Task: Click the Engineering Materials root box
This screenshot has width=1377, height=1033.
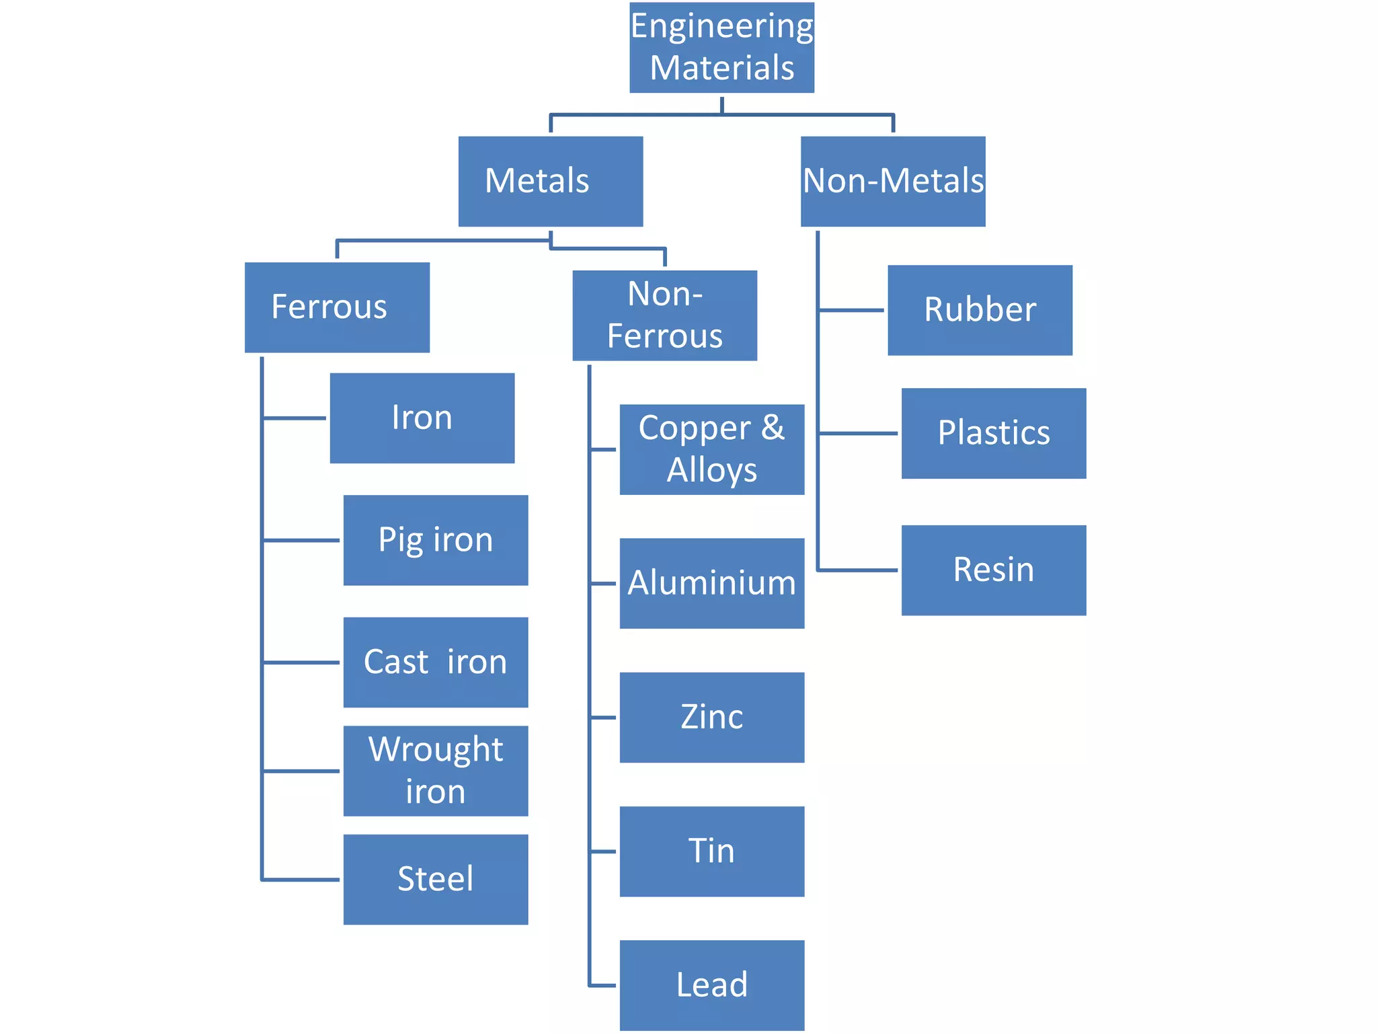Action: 721,47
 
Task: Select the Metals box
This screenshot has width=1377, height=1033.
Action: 550,181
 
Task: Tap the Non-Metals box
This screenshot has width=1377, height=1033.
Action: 893,181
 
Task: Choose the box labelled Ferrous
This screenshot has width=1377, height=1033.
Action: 337,307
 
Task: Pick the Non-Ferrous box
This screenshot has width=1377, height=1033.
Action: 664,315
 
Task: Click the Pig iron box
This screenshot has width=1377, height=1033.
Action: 436,540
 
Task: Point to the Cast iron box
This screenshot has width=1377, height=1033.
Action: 436,662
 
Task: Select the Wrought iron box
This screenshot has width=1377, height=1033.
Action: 436,771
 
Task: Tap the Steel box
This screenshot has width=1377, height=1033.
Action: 436,879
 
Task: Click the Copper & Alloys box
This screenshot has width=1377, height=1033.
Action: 711,449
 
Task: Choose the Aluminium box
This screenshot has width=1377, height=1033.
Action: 711,583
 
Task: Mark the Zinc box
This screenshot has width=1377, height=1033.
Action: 711,717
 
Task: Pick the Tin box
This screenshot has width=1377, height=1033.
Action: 711,851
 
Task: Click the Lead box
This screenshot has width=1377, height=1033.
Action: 711,985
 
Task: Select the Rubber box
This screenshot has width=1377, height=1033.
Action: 980,310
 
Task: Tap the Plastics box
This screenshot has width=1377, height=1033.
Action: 993,433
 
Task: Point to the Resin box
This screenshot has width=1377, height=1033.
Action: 993,570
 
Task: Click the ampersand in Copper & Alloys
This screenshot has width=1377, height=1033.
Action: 773,428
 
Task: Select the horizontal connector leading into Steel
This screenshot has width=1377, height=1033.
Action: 301,879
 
